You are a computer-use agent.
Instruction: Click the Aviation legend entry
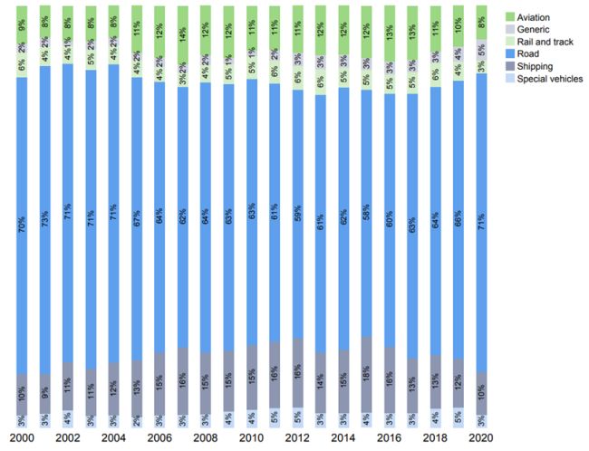(x=532, y=16)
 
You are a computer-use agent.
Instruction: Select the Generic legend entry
(x=529, y=29)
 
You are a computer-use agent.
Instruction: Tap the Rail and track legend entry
(x=540, y=42)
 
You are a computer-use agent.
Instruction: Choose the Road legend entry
(x=526, y=53)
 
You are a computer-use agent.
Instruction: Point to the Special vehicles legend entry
(x=546, y=79)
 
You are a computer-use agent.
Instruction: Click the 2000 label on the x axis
(x=21, y=438)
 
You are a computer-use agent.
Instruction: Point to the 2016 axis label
(x=389, y=438)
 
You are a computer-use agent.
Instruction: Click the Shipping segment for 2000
(x=21, y=394)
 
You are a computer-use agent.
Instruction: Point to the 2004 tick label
(x=113, y=438)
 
